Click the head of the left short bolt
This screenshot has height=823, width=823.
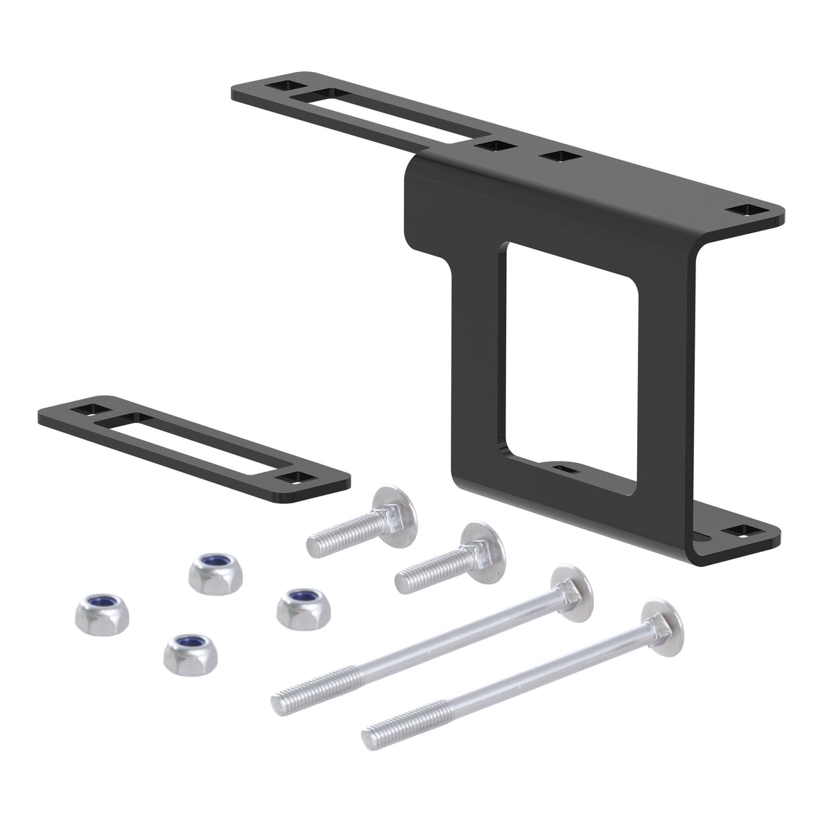pos(389,507)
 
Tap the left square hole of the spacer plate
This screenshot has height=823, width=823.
pos(88,409)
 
